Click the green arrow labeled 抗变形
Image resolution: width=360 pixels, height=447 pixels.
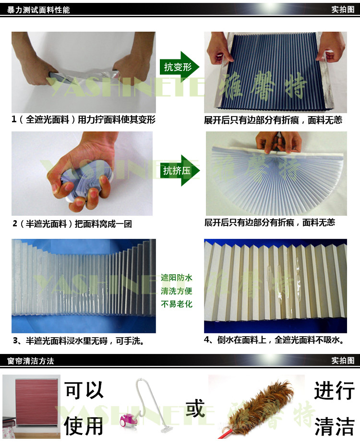point(179,67)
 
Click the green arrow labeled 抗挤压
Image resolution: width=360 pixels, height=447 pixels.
point(180,170)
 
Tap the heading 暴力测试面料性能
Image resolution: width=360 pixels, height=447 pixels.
point(38,10)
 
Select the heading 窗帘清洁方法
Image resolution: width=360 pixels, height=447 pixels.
point(31,361)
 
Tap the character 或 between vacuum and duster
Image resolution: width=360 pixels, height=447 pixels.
point(195,408)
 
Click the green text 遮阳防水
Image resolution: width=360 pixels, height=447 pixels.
point(177,278)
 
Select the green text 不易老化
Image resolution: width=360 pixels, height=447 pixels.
point(177,304)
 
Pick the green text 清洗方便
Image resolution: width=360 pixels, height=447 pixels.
point(177,291)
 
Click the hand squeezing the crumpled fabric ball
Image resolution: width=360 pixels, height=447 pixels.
point(83,174)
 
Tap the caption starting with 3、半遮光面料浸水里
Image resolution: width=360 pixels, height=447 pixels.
point(78,341)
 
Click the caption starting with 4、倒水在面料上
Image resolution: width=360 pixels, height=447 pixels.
point(274,340)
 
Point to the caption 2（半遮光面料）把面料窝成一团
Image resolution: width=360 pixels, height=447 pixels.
point(72,224)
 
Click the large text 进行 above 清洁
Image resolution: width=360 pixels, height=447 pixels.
point(335,390)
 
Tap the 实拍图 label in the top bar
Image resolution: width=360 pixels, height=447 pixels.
point(343,10)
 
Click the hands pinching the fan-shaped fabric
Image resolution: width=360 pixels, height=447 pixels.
point(278,142)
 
